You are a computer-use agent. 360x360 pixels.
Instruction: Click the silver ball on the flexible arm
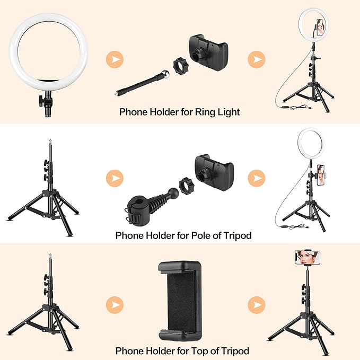tap(165, 74)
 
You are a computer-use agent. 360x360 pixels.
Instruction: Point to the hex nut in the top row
tap(180, 66)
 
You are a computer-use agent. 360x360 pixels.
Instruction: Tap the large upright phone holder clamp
tap(180, 301)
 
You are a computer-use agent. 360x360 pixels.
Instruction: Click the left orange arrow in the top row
tap(115, 59)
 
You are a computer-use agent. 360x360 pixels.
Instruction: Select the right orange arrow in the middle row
tap(257, 178)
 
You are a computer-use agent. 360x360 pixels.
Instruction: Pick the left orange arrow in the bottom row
tap(115, 305)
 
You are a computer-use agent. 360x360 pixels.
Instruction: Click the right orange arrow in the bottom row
tap(257, 305)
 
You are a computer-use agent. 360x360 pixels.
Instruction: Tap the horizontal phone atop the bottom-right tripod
tap(308, 257)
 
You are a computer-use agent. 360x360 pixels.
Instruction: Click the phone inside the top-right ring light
tap(320, 27)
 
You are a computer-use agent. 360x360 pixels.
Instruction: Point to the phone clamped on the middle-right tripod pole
tap(321, 175)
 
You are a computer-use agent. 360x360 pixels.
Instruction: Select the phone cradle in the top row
tap(208, 52)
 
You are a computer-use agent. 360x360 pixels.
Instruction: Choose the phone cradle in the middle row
tap(214, 173)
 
